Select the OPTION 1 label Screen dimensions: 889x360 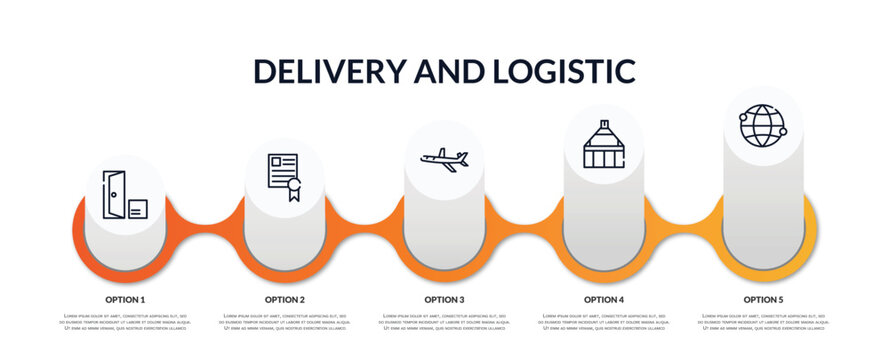[125, 299]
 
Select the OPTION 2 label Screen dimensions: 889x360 [285, 299]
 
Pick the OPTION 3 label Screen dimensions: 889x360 [444, 299]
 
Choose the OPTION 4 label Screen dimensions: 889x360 [604, 299]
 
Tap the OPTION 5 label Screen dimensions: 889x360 [763, 299]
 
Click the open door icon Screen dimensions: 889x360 [114, 194]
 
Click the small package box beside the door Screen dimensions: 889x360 [138, 209]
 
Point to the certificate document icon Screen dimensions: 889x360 [281, 171]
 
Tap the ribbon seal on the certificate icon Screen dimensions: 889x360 [293, 187]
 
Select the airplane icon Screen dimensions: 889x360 [444, 159]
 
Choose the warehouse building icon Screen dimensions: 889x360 [604, 146]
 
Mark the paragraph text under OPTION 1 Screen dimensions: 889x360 [125, 322]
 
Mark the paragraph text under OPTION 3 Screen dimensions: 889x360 [444, 322]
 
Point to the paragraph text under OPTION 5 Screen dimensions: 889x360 [763, 322]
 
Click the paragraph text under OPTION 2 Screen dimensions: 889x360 [285, 322]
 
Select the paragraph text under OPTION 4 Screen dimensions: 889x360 [604, 322]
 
